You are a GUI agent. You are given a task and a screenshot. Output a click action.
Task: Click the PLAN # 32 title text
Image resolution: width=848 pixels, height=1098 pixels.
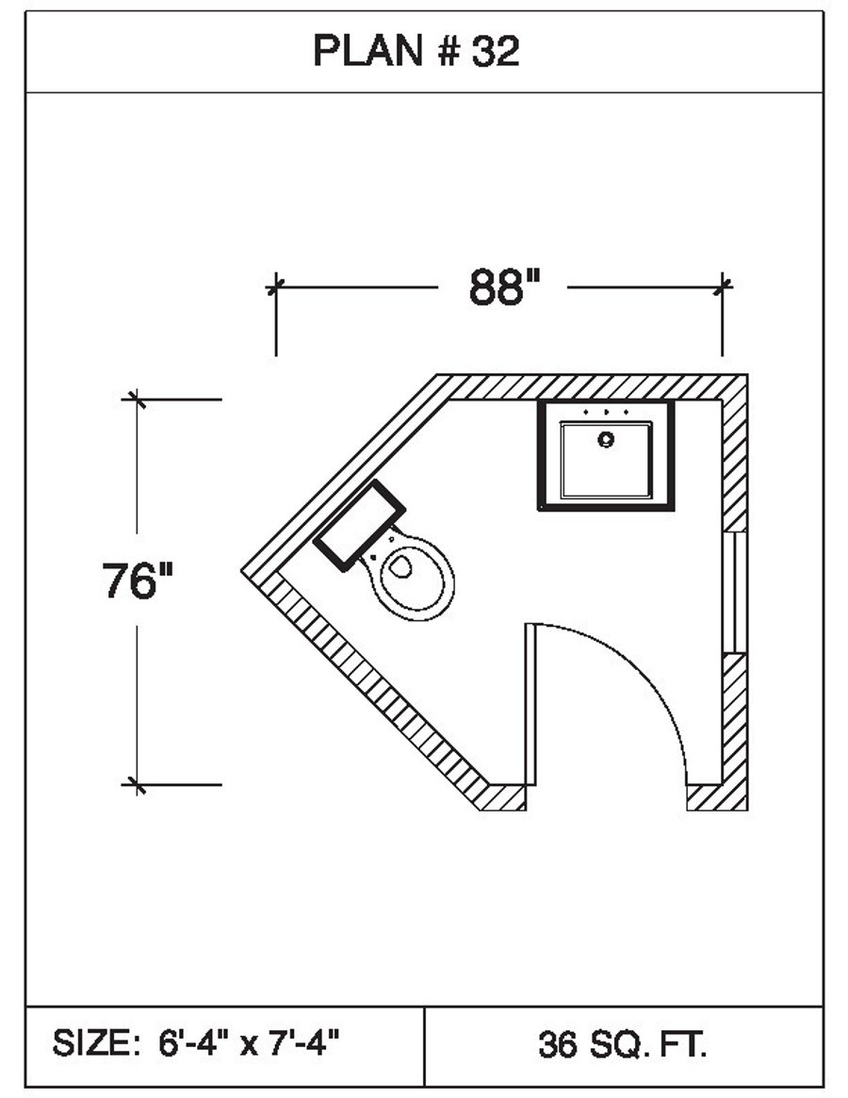coord(416,53)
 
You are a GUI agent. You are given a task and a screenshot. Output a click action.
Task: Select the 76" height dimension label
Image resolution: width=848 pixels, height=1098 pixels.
coord(139,582)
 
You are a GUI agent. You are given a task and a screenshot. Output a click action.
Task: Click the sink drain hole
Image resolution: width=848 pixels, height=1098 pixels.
coord(606,438)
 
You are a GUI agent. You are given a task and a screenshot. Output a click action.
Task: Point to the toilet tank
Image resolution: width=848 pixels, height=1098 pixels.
coord(359,526)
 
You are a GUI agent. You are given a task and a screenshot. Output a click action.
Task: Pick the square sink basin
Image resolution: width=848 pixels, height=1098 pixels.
coord(606,460)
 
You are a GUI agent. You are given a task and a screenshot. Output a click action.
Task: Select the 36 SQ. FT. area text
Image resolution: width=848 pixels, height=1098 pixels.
coord(623,1044)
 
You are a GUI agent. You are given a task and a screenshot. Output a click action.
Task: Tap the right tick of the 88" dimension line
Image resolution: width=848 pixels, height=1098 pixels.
coord(723,285)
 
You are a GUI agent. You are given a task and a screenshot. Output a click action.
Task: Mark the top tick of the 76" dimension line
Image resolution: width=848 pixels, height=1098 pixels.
coord(138,399)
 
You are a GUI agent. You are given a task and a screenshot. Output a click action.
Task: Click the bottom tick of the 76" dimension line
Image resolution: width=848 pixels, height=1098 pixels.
coord(138,783)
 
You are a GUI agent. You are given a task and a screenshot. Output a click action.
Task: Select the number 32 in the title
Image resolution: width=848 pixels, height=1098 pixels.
coord(496,53)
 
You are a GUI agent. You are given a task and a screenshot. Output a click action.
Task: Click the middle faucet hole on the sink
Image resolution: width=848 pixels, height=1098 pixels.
coord(606,413)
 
